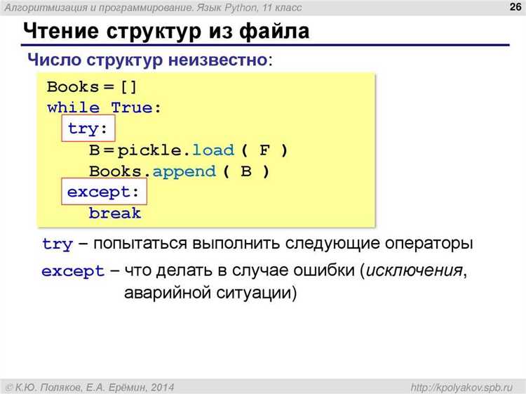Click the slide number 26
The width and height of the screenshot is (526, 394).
(513, 7)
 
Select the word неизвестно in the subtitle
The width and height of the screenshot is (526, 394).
(217, 60)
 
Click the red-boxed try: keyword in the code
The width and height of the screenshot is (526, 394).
(89, 129)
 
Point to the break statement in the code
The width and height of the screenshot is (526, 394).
(115, 213)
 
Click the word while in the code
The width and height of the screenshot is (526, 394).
(73, 108)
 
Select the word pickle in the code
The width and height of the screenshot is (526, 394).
(152, 150)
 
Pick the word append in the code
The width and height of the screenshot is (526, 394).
(184, 171)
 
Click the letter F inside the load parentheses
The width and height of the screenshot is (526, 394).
(264, 150)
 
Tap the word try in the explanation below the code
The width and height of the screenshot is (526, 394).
(58, 244)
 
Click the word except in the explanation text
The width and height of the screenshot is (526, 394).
(73, 271)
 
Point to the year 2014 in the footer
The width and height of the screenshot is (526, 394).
(160, 387)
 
